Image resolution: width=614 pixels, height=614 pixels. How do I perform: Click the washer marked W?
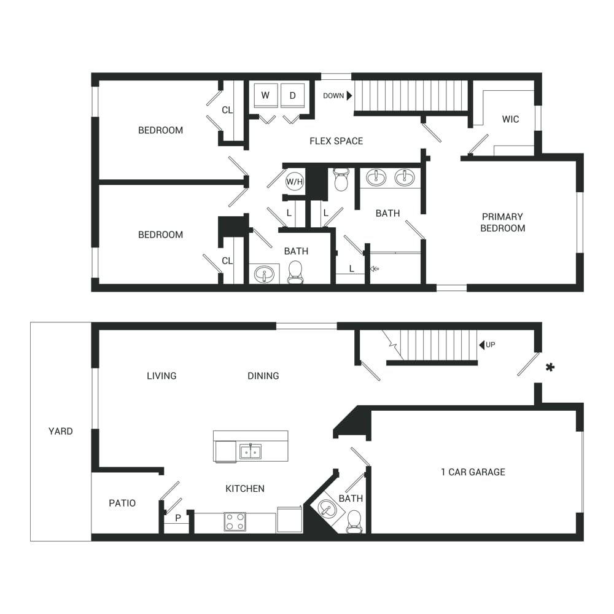coord(265,95)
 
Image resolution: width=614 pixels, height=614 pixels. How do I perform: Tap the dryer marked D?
coord(292,95)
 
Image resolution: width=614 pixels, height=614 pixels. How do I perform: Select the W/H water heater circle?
coord(295,182)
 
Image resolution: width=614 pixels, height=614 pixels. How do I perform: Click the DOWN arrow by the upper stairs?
coord(349,96)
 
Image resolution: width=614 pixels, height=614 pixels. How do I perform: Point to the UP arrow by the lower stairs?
coord(481,345)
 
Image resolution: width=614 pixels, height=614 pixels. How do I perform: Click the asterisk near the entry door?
coord(550,367)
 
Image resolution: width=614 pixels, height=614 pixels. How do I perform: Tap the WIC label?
coord(511,119)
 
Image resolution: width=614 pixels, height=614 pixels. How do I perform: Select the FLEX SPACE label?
coord(336,141)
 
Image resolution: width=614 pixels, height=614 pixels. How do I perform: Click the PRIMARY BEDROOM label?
coord(503,222)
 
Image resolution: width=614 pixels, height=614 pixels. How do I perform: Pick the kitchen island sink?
coord(251,451)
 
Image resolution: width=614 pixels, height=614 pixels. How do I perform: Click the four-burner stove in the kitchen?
coord(235,521)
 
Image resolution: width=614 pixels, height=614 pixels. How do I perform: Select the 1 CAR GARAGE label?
coord(473,472)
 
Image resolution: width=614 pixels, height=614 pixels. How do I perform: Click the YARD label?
coord(61,431)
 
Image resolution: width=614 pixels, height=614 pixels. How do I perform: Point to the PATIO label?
coord(122,503)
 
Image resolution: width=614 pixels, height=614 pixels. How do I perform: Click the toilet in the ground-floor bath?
coord(354,521)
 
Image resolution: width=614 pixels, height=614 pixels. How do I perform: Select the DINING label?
coord(263,376)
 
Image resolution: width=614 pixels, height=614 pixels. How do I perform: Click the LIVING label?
coord(161,376)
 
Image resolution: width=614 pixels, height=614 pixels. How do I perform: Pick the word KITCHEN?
coord(245,489)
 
